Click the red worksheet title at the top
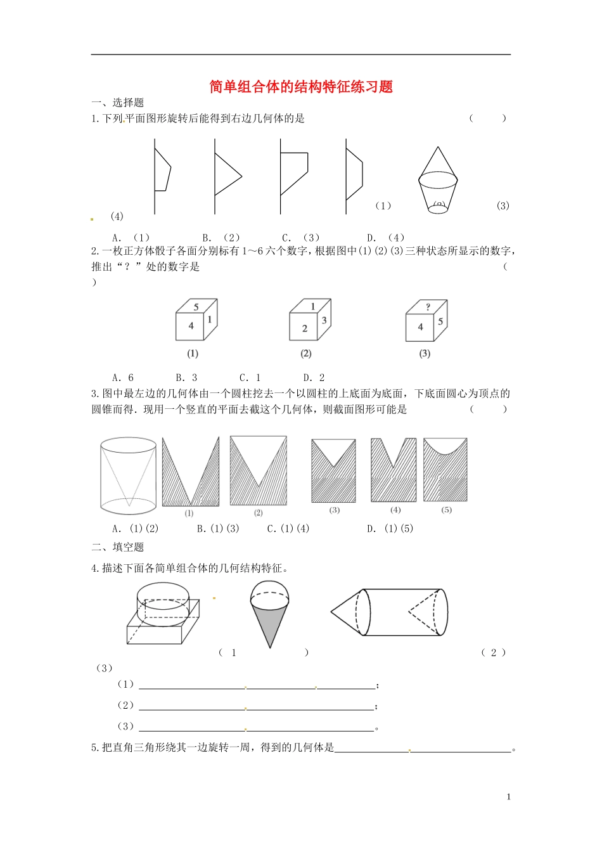pos(301,87)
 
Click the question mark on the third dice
pos(428,307)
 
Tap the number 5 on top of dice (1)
pos(196,307)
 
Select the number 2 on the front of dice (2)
pos(305,328)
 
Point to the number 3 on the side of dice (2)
pos(324,320)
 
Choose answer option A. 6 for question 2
pos(123,377)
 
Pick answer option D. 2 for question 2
pos(314,377)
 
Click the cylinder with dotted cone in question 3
pos(128,475)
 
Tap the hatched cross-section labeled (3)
pos(334,470)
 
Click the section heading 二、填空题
pos(118,546)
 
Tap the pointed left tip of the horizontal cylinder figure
pos(333,612)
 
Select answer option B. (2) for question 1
pos(221,238)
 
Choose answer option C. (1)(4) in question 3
pos(288,528)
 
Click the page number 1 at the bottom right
pos(508,797)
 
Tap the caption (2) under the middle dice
pos(306,354)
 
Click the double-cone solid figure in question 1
pos(438,179)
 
